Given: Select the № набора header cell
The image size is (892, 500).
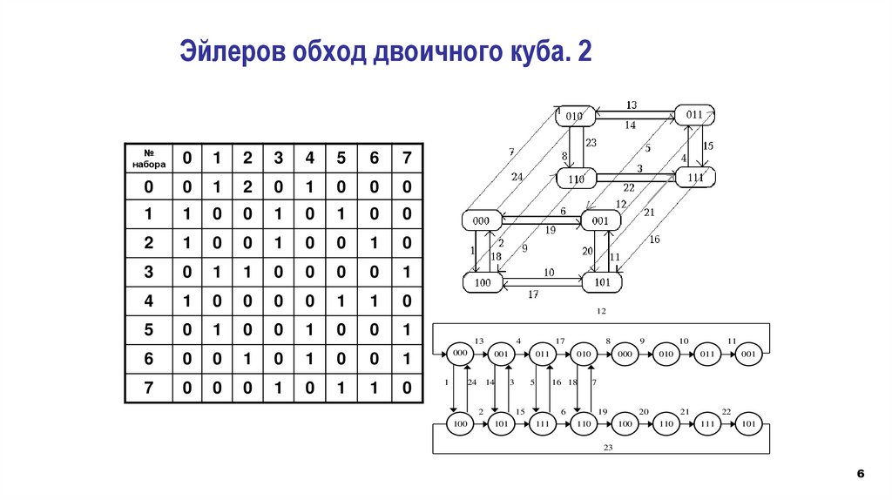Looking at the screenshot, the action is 149,158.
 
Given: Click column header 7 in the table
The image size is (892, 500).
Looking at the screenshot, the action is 405,158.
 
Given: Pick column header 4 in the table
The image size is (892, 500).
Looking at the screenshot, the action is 310,158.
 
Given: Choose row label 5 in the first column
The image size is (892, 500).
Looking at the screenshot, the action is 149,330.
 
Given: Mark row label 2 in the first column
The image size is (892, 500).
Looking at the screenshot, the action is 149,244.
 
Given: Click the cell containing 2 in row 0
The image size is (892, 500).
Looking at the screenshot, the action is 247,186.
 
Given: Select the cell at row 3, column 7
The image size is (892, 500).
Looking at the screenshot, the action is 405,273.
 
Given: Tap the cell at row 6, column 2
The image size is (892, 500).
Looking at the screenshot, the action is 247,359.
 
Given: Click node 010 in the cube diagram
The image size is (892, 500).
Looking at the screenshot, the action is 573,116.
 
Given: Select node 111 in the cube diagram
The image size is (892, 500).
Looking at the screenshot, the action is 694,178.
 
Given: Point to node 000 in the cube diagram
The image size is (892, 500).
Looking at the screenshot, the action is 482,221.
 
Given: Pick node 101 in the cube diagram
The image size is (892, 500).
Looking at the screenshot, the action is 602,283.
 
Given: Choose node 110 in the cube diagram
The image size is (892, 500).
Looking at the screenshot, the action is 574,179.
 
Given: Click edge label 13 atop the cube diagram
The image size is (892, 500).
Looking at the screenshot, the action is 631,105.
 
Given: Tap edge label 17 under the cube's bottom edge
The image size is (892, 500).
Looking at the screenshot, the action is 534,294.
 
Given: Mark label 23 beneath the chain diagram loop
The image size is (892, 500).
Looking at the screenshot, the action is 607,447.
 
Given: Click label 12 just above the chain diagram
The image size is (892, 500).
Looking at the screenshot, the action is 601,311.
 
